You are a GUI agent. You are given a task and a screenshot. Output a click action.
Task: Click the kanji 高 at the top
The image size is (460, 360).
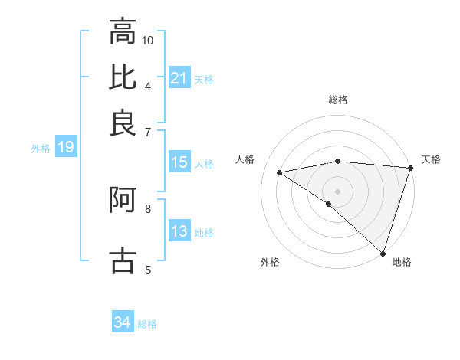[123, 33]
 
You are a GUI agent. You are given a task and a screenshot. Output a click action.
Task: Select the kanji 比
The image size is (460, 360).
[123, 77]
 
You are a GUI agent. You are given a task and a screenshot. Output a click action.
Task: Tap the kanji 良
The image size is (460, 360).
[123, 123]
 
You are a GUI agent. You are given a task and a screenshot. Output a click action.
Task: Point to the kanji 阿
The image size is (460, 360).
[123, 201]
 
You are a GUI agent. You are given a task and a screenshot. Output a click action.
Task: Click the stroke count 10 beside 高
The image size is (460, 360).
[148, 40]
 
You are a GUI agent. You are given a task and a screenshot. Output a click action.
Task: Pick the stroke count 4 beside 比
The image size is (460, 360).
[148, 85]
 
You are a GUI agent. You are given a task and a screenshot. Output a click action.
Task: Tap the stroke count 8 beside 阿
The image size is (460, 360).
[148, 208]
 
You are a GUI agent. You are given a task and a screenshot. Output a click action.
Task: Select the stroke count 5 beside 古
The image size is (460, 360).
[148, 269]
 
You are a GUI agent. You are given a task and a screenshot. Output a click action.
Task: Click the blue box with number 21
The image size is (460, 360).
[179, 78]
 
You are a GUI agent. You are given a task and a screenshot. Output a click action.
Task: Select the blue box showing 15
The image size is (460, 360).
[179, 162]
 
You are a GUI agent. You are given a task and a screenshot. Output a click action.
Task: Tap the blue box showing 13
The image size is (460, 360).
[179, 232]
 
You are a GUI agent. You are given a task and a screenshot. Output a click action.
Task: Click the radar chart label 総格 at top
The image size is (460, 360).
[338, 100]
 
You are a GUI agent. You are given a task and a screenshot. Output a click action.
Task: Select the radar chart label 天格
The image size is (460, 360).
[431, 159]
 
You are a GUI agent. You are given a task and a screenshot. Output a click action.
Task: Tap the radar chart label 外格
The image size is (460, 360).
[270, 262]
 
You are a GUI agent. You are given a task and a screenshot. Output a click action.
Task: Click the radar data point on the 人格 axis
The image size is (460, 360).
[280, 172]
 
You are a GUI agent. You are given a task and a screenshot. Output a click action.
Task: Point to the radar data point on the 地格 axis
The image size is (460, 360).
[383, 252]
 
